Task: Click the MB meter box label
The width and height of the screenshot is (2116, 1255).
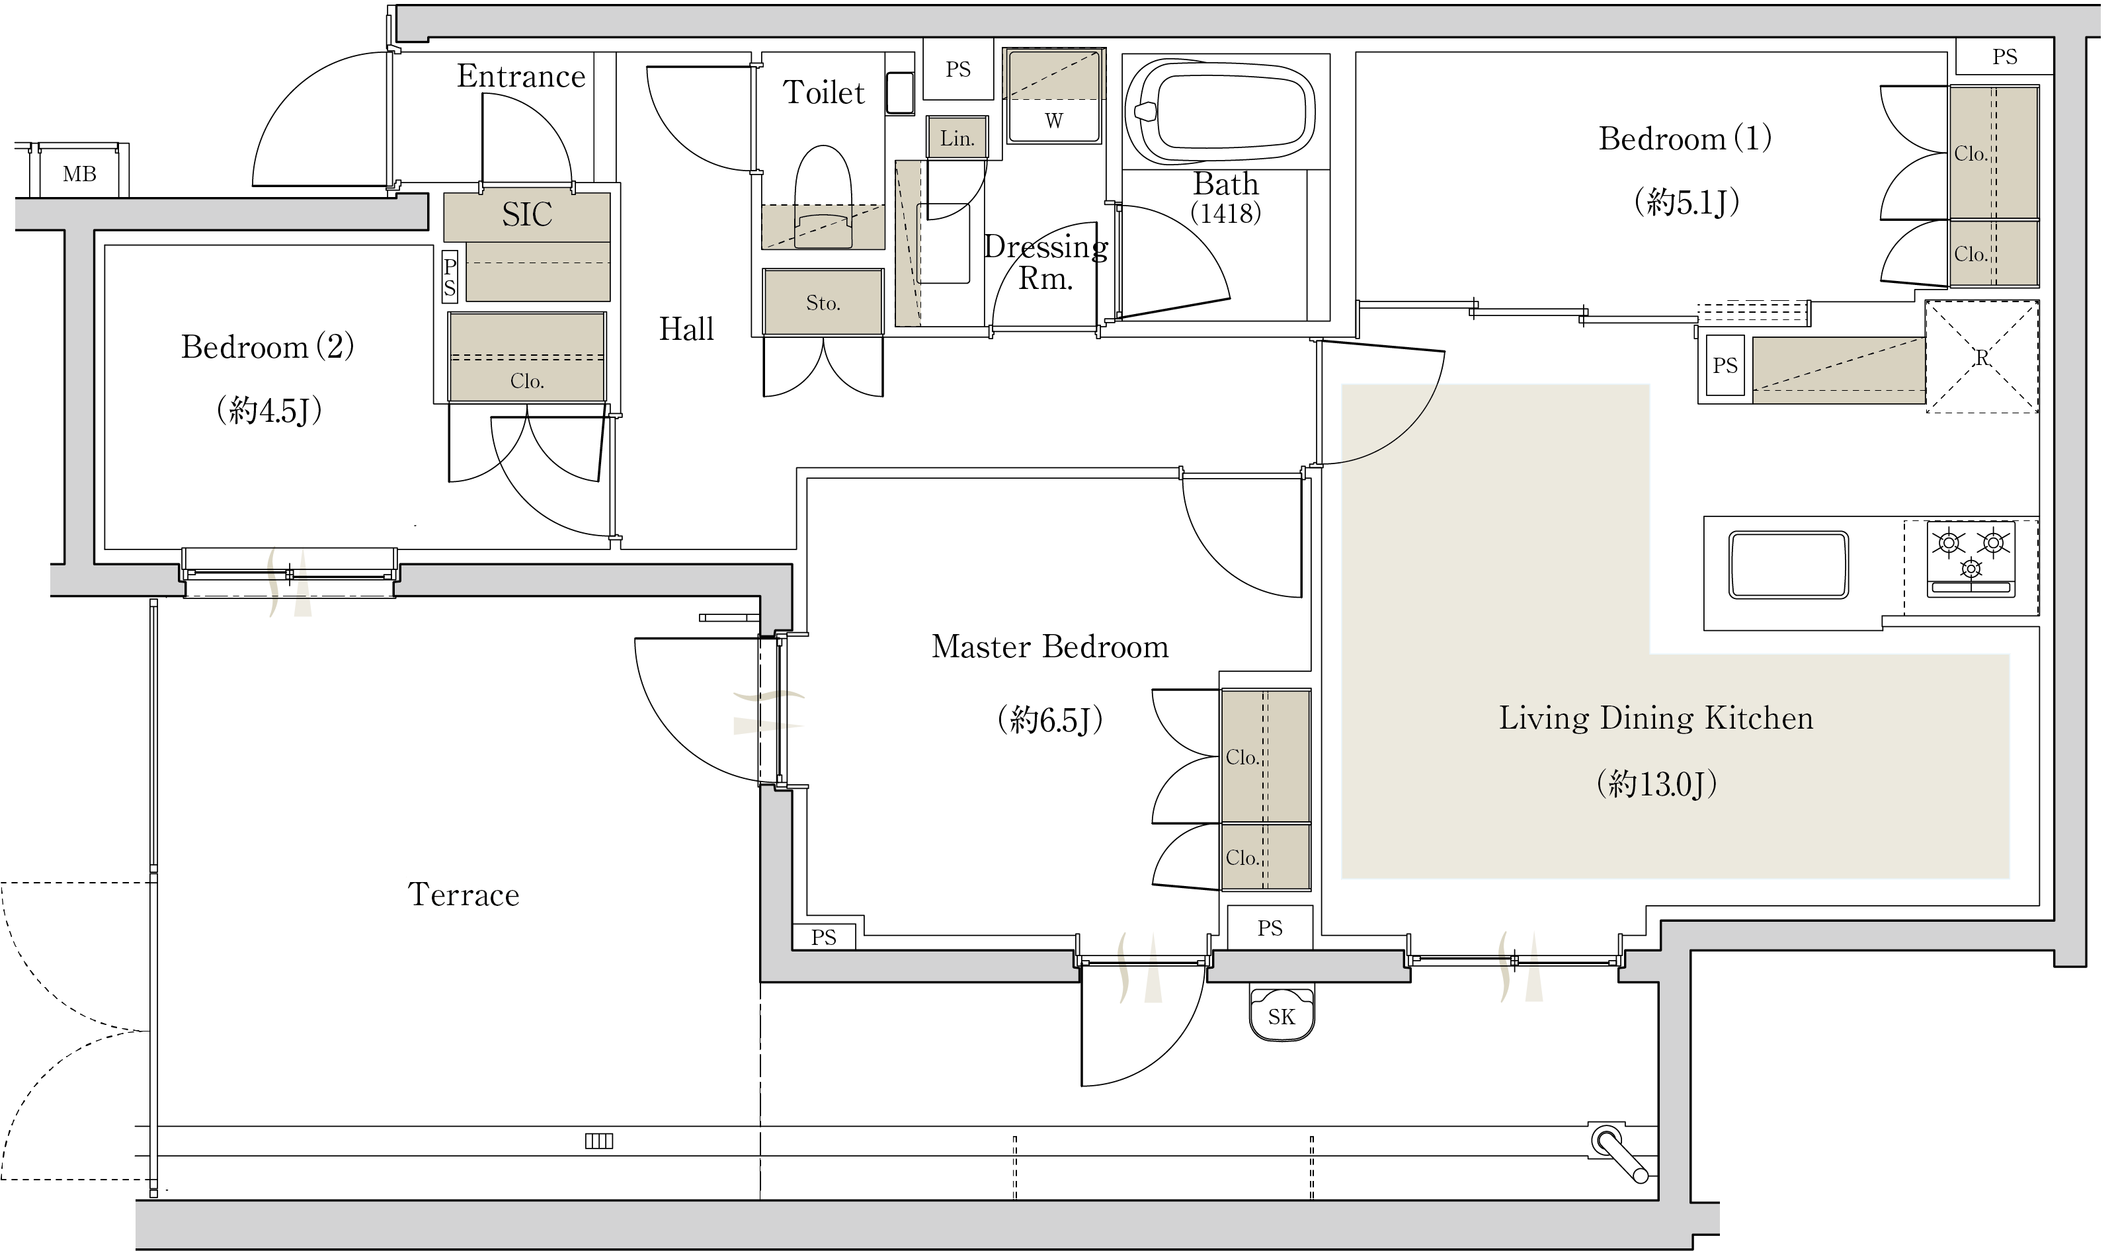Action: click(x=79, y=173)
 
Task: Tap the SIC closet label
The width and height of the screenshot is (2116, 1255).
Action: click(x=527, y=215)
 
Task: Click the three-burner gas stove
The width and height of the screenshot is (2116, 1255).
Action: click(x=1971, y=558)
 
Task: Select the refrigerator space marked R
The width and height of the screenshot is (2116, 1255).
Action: click(x=1982, y=357)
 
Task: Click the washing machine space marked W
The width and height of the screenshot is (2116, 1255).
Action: click(x=1054, y=96)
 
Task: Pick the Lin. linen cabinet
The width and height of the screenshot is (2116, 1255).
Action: click(x=957, y=138)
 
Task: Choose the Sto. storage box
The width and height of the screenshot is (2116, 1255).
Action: click(x=823, y=302)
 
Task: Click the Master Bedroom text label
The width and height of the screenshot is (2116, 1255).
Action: click(x=1049, y=647)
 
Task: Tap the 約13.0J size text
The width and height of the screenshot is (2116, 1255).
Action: click(x=1656, y=785)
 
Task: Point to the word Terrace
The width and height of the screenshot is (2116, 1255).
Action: click(x=464, y=895)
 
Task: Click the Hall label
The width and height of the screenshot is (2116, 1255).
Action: click(x=686, y=329)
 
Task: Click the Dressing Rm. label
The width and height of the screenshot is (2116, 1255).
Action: click(x=1045, y=262)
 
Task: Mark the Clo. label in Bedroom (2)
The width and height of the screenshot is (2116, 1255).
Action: click(x=527, y=382)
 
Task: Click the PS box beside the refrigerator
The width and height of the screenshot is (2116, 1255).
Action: click(x=1725, y=366)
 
